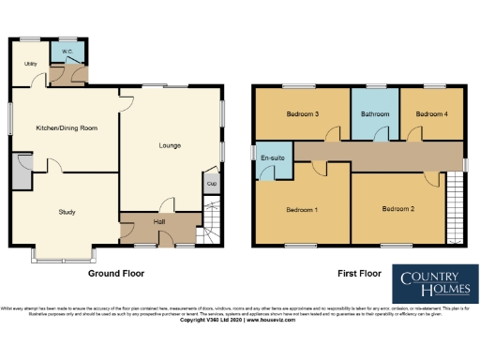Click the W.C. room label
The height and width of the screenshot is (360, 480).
(67, 52)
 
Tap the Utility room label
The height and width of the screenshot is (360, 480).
(31, 63)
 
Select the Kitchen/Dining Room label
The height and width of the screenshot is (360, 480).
(67, 127)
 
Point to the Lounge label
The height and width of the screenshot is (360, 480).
(169, 145)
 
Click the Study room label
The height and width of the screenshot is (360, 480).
(66, 212)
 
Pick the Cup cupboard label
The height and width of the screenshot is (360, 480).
(211, 183)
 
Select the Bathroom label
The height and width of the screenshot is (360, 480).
(375, 113)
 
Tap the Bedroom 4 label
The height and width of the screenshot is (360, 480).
(432, 113)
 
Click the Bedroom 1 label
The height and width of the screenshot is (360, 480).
(302, 208)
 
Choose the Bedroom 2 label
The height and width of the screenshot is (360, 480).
(397, 208)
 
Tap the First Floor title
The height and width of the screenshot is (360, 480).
(359, 275)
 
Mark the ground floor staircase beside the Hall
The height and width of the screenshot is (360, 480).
(213, 228)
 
